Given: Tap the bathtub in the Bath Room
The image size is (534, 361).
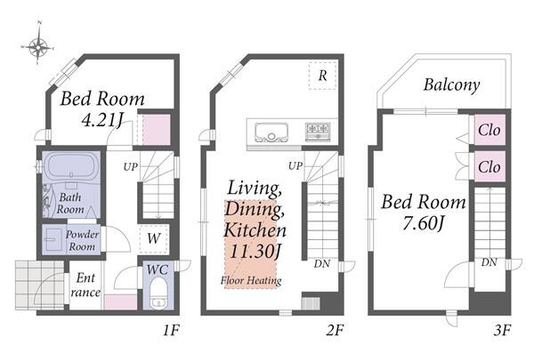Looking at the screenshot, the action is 71,166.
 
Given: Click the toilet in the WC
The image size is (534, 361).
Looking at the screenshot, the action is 158,293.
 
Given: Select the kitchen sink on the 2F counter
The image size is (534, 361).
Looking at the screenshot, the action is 271,132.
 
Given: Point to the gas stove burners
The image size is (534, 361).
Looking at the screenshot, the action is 318,131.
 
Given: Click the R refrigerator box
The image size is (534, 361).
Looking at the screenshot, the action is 323,76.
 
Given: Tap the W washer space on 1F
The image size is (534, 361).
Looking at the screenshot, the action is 154,238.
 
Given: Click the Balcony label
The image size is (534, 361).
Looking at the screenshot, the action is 451,85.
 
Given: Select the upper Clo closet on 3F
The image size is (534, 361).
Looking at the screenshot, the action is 489,129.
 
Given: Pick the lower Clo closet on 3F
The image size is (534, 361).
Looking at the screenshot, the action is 489,166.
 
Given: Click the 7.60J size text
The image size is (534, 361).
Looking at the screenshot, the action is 424,223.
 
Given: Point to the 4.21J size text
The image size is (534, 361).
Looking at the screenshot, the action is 102,119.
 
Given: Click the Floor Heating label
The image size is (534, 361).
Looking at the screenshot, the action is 251,281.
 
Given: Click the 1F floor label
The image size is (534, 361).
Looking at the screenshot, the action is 171,330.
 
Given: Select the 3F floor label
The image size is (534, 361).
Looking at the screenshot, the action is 502,330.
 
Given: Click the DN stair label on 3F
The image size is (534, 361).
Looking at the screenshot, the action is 489,262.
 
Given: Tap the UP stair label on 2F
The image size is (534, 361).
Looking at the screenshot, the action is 295,166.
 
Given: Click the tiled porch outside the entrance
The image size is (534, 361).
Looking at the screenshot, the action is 39,285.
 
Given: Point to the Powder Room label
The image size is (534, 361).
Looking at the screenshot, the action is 82,241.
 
